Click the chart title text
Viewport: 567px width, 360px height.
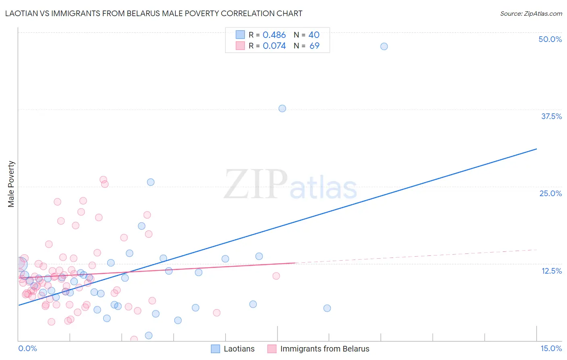pyautogui.click(x=154, y=14)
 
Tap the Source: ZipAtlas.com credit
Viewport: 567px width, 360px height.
pyautogui.click(x=531, y=14)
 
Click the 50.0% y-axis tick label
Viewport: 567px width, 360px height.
pyautogui.click(x=550, y=39)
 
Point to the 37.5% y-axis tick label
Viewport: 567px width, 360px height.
pyautogui.click(x=551, y=116)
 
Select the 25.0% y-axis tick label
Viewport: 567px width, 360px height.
pyautogui.click(x=550, y=193)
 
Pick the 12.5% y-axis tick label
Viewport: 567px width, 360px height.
pyautogui.click(x=551, y=271)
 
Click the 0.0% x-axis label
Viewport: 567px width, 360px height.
pyautogui.click(x=27, y=348)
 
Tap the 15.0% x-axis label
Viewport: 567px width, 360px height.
pyautogui.click(x=551, y=348)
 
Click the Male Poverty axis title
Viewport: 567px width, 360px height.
pyautogui.click(x=11, y=184)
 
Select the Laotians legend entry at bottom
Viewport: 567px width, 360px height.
pyautogui.click(x=233, y=349)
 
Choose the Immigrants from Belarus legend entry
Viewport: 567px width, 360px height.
pyautogui.click(x=319, y=349)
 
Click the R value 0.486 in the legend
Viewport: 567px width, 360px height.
pyautogui.click(x=274, y=35)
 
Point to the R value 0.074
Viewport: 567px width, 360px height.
pyautogui.click(x=274, y=46)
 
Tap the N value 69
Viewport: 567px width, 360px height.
pyautogui.click(x=314, y=46)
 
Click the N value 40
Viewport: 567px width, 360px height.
pyautogui.click(x=314, y=35)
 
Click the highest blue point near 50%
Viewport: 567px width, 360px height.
pyautogui.click(x=384, y=46)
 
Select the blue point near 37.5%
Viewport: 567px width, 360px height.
pyautogui.click(x=282, y=109)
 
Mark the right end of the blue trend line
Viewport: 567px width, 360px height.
pyautogui.click(x=536, y=149)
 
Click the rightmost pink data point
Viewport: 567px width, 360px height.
pyautogui.click(x=276, y=276)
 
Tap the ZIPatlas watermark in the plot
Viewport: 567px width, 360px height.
pyautogui.click(x=290, y=185)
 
